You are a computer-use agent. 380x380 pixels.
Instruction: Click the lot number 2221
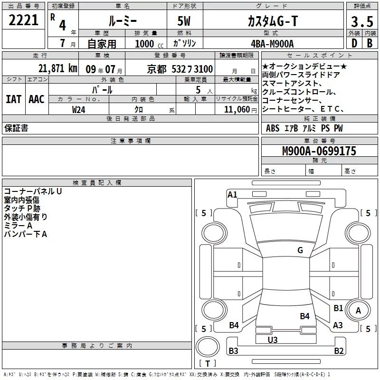[x=23, y=20]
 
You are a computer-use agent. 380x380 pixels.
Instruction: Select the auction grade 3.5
[x=362, y=21]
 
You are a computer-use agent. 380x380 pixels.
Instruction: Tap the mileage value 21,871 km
[x=57, y=68]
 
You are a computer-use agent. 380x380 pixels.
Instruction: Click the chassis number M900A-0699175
[x=319, y=151]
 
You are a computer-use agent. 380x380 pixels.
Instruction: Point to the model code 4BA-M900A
[x=272, y=44]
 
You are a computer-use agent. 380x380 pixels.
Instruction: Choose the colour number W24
[x=78, y=110]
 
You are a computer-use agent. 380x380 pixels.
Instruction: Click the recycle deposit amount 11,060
[x=237, y=110]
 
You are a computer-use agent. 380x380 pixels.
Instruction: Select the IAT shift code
[x=14, y=99]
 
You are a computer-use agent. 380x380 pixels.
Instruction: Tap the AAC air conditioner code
[x=37, y=99]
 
